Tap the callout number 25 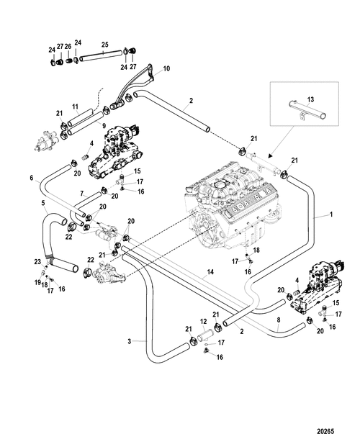point(104,45)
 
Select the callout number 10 point(166,68)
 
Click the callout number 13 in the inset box point(311,99)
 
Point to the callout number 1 point(331,214)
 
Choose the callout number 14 point(210,272)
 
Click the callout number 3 point(130,342)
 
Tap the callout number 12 point(204,322)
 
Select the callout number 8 point(279,320)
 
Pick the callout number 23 point(37,261)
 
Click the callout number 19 point(37,283)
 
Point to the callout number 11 point(76,107)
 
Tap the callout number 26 point(68,47)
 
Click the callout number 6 point(32,178)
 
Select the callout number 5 point(43,203)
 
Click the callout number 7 point(81,194)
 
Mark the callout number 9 point(104,126)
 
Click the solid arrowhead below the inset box point(271,156)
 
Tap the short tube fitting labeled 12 point(204,335)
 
